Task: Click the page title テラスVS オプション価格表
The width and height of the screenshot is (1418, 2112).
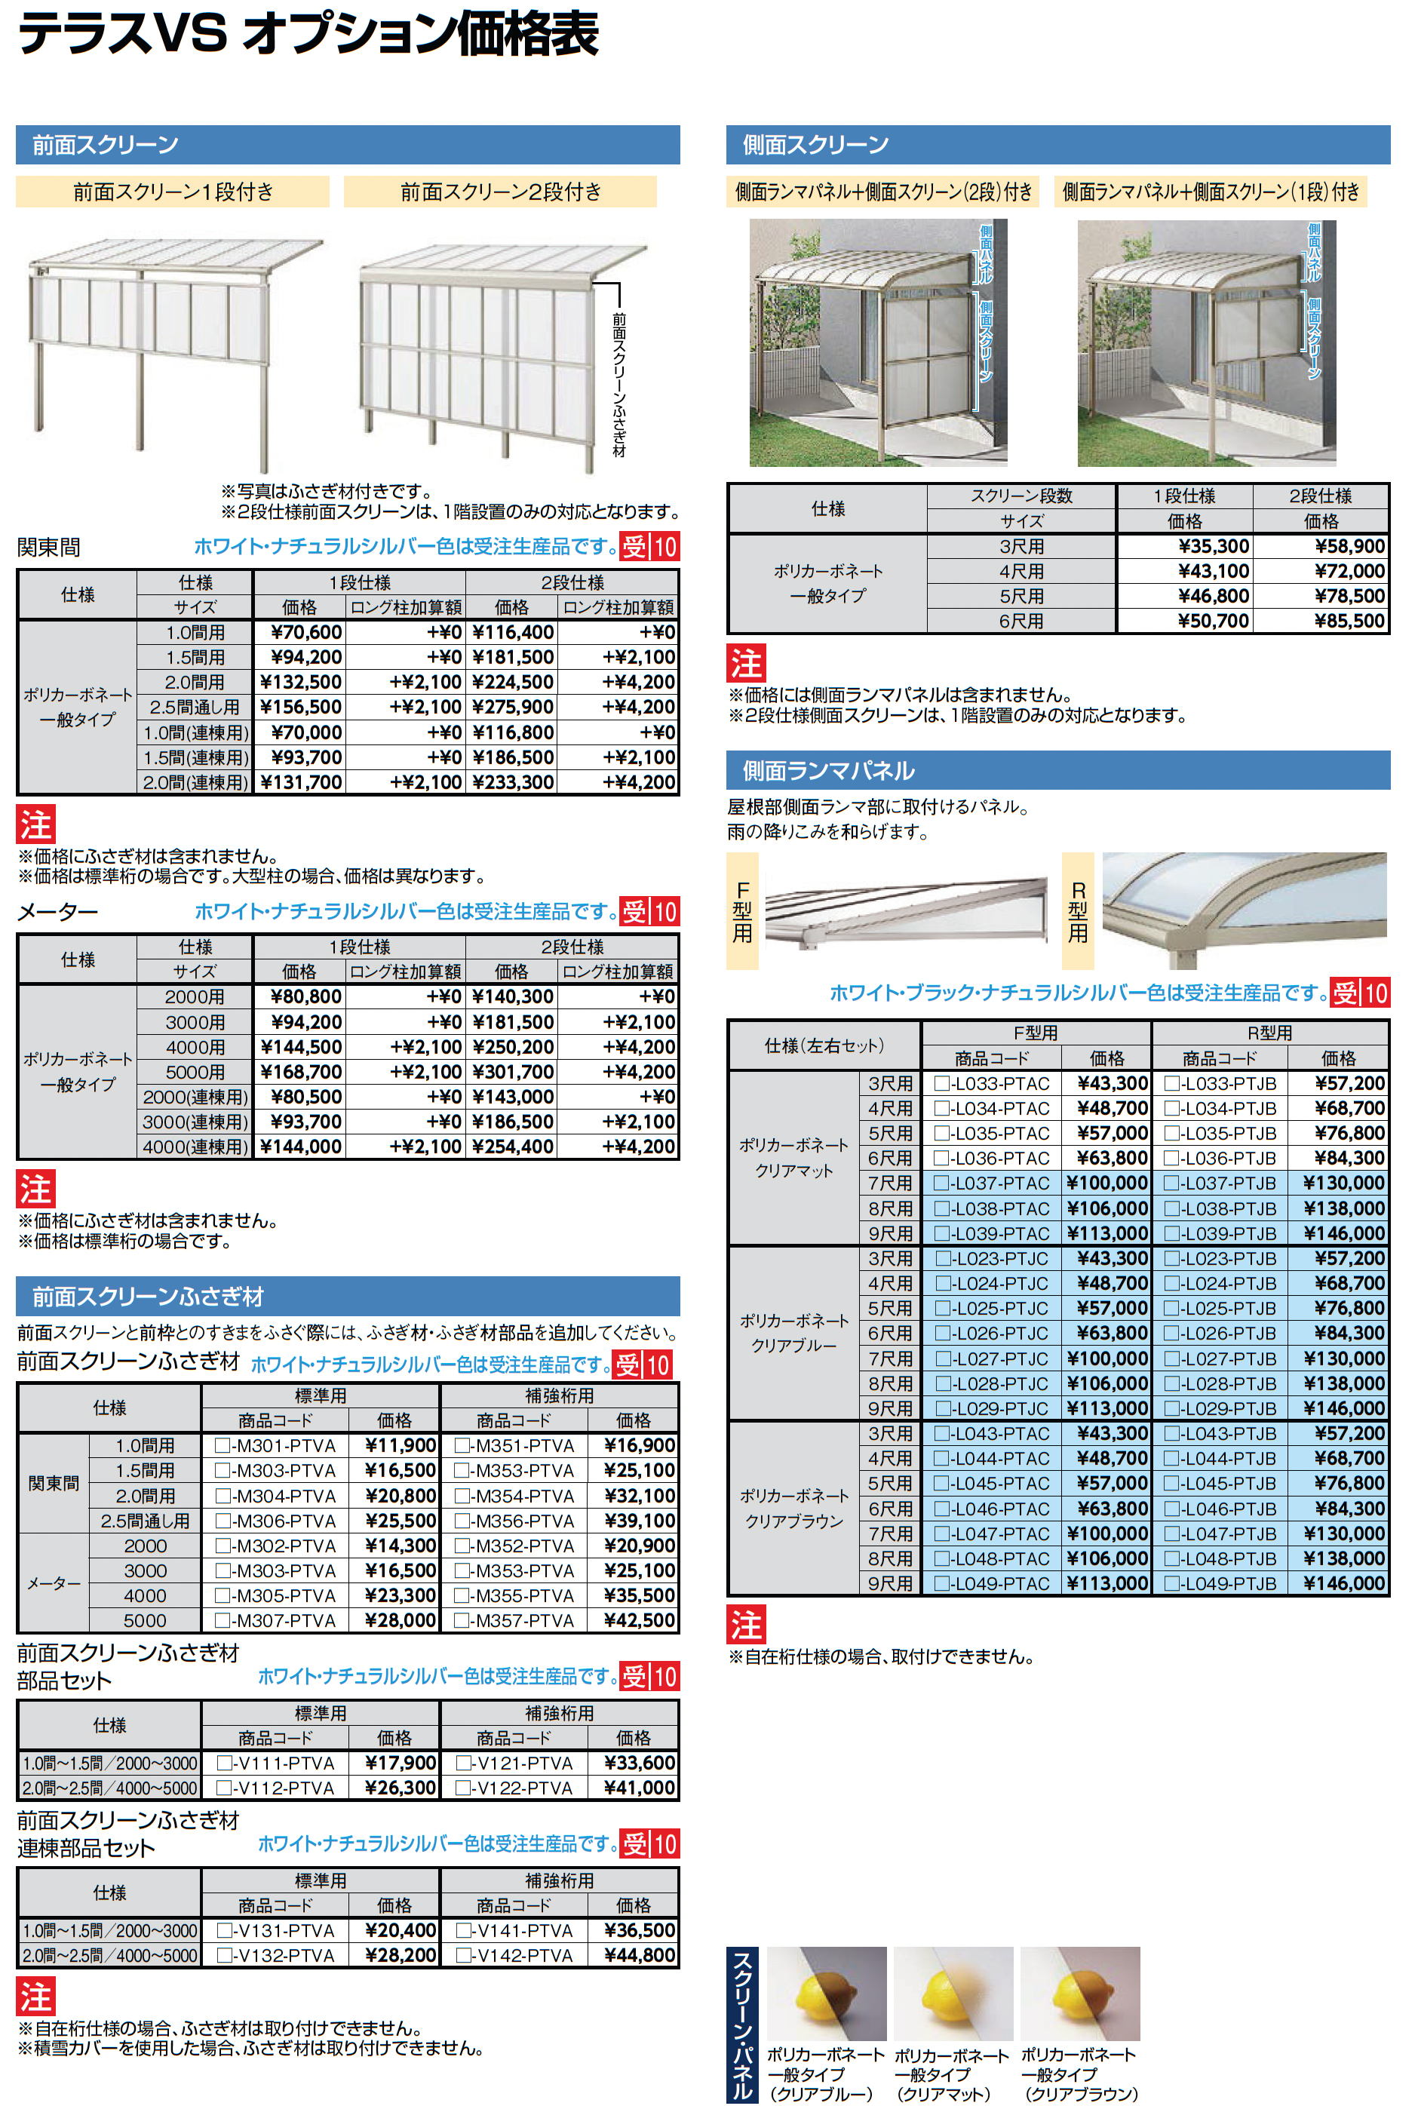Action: pyautogui.click(x=308, y=35)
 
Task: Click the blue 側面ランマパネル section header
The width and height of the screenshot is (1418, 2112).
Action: pyautogui.click(x=827, y=770)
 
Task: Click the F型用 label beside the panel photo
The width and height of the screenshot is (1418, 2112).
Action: pyautogui.click(x=742, y=911)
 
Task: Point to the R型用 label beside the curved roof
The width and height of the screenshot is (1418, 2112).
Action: pyautogui.click(x=1078, y=911)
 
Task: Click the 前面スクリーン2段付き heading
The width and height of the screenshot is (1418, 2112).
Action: pyautogui.click(x=500, y=192)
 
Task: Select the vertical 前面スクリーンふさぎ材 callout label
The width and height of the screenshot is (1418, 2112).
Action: pyautogui.click(x=619, y=383)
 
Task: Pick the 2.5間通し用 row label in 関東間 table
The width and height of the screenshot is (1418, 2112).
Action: pyautogui.click(x=195, y=707)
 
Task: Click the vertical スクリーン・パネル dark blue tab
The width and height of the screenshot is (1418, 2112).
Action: pyautogui.click(x=742, y=2025)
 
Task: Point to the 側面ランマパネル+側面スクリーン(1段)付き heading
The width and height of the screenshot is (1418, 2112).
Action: pyautogui.click(x=1210, y=192)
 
